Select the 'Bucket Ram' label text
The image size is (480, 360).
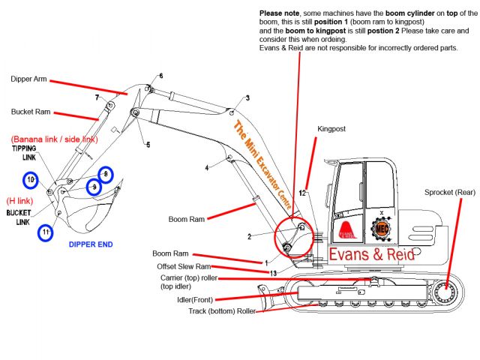tap(31, 112)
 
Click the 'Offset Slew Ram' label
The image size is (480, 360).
tap(184, 266)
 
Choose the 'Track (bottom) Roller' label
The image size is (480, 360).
tap(220, 310)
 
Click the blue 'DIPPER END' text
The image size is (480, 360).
tap(91, 244)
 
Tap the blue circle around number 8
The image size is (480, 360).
tap(105, 175)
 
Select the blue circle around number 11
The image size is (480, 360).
tap(46, 232)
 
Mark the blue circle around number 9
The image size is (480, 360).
tap(94, 186)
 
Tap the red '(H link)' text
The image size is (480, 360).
tap(21, 201)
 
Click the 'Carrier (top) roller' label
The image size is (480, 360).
tap(189, 277)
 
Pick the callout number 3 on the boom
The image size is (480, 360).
tap(247, 98)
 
